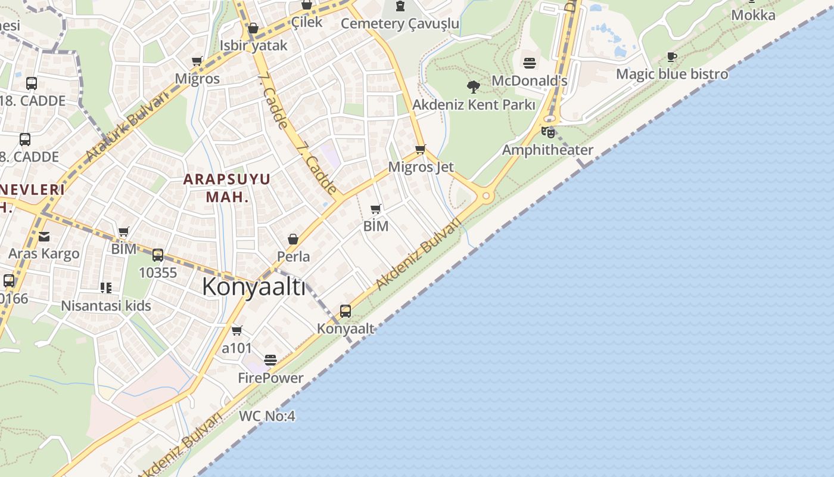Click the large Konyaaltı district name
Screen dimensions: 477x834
coord(253,287)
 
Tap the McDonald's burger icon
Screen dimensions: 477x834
coord(530,63)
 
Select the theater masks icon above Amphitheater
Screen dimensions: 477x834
coord(548,132)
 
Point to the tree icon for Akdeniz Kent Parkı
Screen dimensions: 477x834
coord(474,87)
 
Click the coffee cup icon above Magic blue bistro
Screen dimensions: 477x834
coord(672,57)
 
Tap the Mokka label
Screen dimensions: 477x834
coord(753,15)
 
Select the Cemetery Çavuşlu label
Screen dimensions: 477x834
coord(400,23)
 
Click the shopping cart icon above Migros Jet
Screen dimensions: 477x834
coord(421,149)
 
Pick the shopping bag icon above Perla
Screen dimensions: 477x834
coord(293,239)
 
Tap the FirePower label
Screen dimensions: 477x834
coord(270,377)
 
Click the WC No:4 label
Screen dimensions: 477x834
coord(267,416)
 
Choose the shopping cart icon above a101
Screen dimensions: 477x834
coord(237,330)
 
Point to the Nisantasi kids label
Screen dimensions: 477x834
coord(106,306)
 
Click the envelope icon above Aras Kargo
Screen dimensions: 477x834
coord(44,237)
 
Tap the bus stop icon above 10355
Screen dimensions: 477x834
coord(158,255)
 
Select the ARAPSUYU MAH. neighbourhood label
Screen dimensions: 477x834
coord(227,187)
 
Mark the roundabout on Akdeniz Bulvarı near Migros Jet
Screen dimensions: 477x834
coord(486,196)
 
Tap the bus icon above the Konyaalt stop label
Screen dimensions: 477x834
coord(346,311)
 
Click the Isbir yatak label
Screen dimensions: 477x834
coord(253,45)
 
